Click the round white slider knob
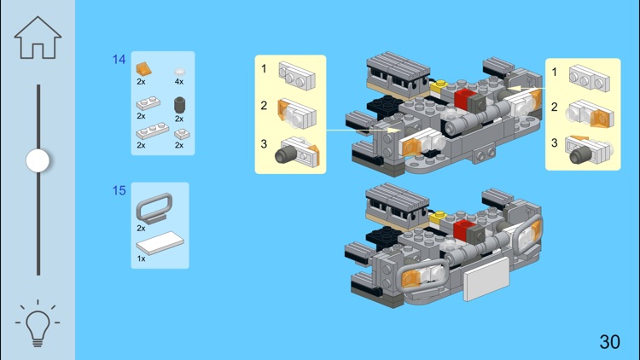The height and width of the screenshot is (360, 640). click(x=38, y=160)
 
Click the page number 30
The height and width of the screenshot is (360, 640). click(x=609, y=342)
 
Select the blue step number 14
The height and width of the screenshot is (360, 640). click(x=119, y=60)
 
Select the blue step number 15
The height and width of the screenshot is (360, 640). click(x=119, y=190)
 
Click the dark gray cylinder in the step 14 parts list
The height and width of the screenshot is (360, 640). click(x=180, y=106)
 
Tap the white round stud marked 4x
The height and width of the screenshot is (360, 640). click(x=179, y=72)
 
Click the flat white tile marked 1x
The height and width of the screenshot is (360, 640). click(x=159, y=245)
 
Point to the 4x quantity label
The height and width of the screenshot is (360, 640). click(x=179, y=82)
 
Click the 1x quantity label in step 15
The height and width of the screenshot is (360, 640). click(x=141, y=258)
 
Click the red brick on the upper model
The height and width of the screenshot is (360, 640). click(x=465, y=98)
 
